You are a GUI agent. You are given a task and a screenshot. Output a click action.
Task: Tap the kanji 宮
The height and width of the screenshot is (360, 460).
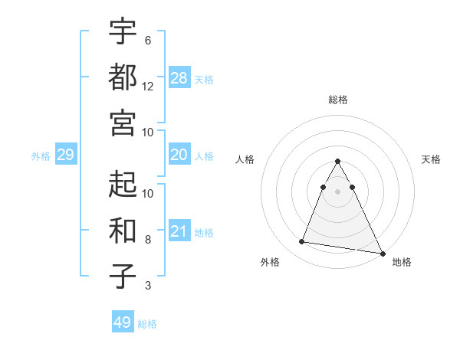(123, 123)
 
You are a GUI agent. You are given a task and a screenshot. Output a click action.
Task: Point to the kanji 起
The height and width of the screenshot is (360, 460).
(123, 184)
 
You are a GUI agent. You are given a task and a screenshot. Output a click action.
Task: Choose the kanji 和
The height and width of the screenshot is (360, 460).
(123, 230)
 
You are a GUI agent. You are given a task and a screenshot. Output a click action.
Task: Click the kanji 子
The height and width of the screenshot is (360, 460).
(123, 276)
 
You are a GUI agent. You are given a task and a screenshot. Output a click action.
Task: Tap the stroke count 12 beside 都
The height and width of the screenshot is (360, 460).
(148, 86)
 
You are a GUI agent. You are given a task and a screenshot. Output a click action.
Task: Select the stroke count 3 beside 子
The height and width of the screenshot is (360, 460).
(148, 286)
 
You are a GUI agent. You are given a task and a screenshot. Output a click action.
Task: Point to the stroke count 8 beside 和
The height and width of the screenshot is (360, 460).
(148, 240)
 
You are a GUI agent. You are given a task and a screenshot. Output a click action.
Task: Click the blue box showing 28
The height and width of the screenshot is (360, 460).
(179, 77)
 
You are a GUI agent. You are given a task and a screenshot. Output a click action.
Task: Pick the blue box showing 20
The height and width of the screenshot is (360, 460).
(179, 155)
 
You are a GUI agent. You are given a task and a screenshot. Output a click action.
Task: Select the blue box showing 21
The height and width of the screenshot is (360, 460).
(179, 231)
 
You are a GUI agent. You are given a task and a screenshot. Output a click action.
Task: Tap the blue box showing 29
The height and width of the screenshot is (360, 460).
(65, 155)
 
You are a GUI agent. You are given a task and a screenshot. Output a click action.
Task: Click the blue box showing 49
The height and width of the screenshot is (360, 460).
(122, 322)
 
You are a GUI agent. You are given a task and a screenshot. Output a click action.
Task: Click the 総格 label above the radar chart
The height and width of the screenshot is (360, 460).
(338, 100)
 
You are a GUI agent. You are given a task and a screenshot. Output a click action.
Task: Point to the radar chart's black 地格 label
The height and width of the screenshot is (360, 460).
(402, 262)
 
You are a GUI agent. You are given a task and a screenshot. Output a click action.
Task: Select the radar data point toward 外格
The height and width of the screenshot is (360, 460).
(302, 242)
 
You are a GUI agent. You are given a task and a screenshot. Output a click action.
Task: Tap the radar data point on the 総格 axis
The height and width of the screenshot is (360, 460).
(337, 162)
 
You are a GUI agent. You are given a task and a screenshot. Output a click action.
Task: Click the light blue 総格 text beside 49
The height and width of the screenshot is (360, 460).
(147, 323)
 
